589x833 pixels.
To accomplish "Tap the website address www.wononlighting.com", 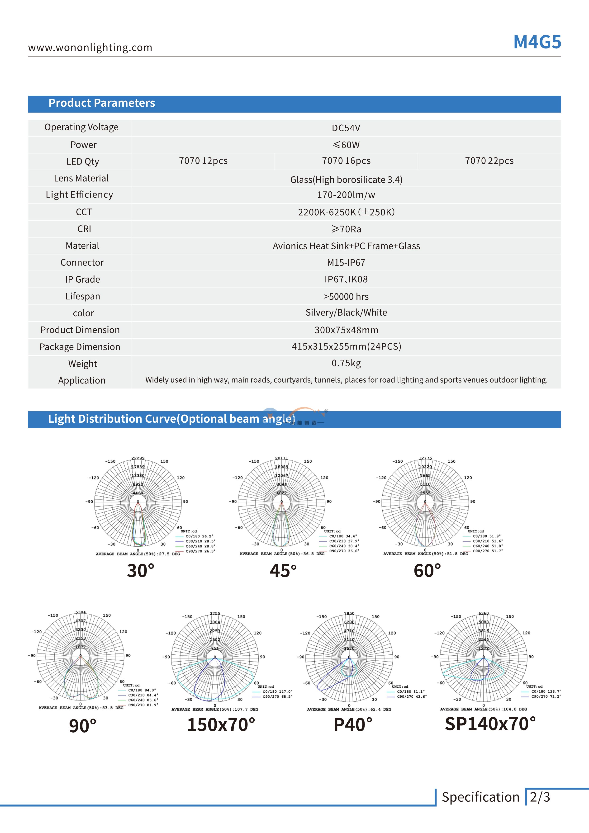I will pos(90,47).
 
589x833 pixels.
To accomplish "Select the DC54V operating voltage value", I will pos(346,128).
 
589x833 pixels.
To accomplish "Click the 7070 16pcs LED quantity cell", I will pos(346,161).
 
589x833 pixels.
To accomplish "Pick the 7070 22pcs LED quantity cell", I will pos(489,161).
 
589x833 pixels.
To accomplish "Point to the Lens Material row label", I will pos(81,178).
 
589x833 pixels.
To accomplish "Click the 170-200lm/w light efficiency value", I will pos(346,195).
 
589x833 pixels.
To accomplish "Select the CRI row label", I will pos(84,229).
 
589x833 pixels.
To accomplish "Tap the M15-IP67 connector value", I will pos(346,263).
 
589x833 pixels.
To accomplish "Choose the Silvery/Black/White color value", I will pos(346,313).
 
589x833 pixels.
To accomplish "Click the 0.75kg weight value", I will pos(346,363).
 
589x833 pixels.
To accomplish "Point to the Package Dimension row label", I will pos(80,347).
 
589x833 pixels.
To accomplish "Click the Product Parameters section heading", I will pos(102,103).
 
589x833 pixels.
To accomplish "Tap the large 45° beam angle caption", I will pos(283,571).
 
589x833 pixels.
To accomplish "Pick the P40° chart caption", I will pos(353,725).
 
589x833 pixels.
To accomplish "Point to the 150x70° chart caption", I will pos(221,725).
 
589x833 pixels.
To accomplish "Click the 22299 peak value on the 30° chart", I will pos(138,458).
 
